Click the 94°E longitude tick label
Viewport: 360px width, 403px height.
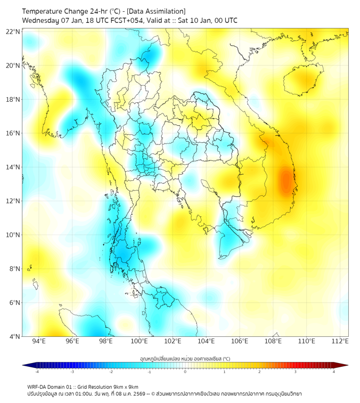(39, 342)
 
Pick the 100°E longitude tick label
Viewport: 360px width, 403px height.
(140, 342)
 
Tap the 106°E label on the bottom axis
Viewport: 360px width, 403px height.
(240, 342)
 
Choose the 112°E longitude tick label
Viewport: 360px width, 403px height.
(340, 342)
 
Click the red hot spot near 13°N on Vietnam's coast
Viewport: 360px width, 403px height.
(286, 181)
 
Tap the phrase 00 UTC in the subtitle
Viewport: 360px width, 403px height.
(226, 20)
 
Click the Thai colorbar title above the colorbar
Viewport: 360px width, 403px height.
(185, 358)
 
